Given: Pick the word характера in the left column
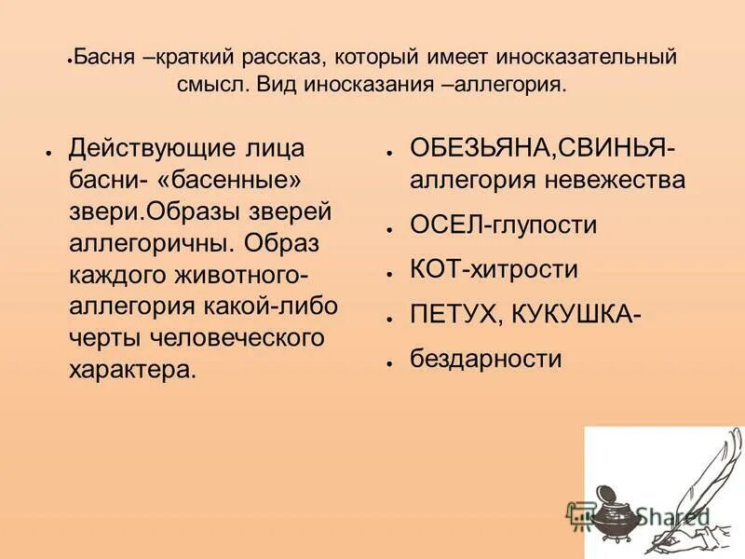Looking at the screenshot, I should (x=130, y=369).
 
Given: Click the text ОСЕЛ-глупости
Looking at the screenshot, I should (x=504, y=225).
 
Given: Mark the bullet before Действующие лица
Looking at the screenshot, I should (x=47, y=150).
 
